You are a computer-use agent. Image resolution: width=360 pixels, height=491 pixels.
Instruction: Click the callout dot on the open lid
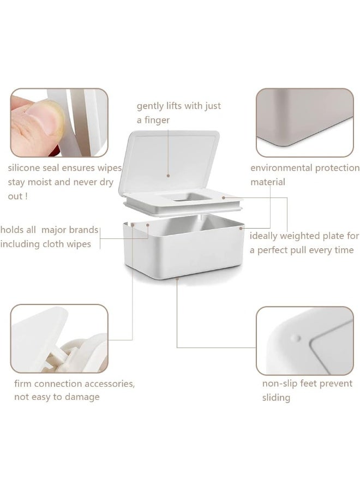coord(168,176)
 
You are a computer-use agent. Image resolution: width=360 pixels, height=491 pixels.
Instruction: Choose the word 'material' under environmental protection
coord(268,182)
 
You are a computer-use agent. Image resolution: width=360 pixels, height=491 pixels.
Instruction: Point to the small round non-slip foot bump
coord(295,338)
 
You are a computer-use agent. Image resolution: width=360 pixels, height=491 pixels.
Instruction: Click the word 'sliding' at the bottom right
coord(276,398)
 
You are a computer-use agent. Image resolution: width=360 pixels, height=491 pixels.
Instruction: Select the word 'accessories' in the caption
coord(107,384)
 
